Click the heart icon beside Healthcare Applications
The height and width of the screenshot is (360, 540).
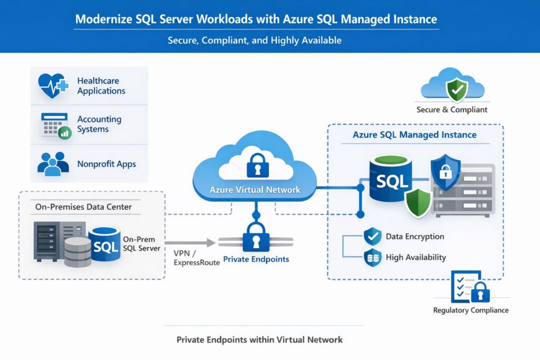coord(53,85)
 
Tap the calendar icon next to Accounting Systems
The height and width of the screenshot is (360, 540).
coord(55,124)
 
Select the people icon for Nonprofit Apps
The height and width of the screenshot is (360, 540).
coord(53,163)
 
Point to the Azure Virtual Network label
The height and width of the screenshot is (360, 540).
coord(255,190)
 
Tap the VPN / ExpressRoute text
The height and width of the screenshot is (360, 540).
coord(196,257)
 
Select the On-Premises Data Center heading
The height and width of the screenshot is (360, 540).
coord(84,207)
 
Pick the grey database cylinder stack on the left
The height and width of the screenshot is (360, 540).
coord(78,251)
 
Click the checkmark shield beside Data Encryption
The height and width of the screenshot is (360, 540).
coord(372,237)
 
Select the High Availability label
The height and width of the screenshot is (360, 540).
coord(416,257)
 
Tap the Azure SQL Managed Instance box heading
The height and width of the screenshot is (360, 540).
coord(414,135)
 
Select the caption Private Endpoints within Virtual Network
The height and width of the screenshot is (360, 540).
coord(259,339)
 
